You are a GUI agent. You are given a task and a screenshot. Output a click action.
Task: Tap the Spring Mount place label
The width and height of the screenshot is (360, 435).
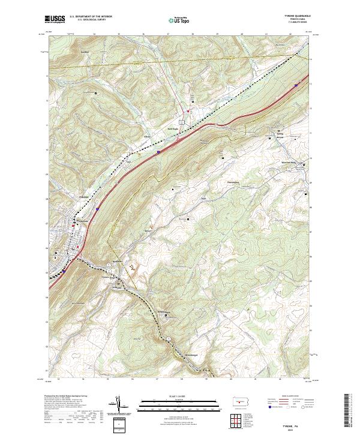click(x=279, y=136)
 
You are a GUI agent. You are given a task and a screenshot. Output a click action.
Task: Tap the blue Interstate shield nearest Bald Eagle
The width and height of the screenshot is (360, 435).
click(x=158, y=153)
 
